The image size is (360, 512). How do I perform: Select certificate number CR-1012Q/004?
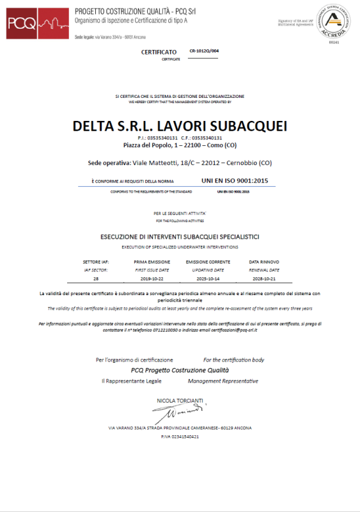pos(205,51)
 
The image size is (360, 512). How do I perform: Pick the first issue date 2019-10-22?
pos(152,280)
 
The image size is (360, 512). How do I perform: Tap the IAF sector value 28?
pos(96,280)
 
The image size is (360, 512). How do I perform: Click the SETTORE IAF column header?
pos(96,262)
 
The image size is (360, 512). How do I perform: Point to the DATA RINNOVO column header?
pos(263,262)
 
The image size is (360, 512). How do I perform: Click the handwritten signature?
pos(181,412)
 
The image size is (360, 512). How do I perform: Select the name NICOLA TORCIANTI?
pos(180,401)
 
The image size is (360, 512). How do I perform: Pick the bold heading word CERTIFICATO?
pos(159,51)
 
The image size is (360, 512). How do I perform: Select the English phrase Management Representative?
pos(223,381)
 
